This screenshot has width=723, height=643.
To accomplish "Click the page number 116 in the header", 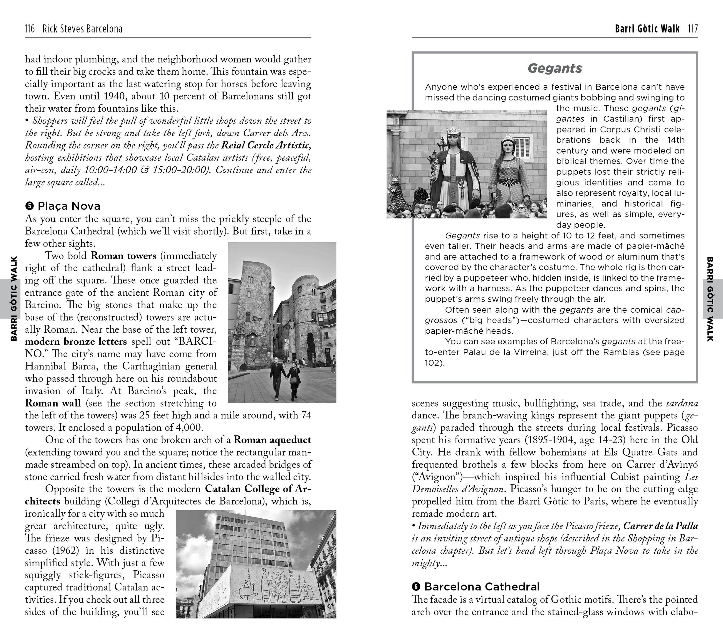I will pos(30,29).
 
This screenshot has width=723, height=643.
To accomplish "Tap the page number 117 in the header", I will pos(693,29).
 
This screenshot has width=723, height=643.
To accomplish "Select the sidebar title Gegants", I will pos(555,68).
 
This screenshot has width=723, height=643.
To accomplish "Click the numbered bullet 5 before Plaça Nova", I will pos(29,206).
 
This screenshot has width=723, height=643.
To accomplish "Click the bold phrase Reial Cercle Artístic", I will pos(266,146).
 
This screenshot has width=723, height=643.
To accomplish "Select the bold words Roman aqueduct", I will pos(272,440).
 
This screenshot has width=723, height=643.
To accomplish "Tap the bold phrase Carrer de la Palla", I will pos(660,526).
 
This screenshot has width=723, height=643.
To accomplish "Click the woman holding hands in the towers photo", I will pos(294,380).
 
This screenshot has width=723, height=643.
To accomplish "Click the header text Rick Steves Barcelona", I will pos(82,29).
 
